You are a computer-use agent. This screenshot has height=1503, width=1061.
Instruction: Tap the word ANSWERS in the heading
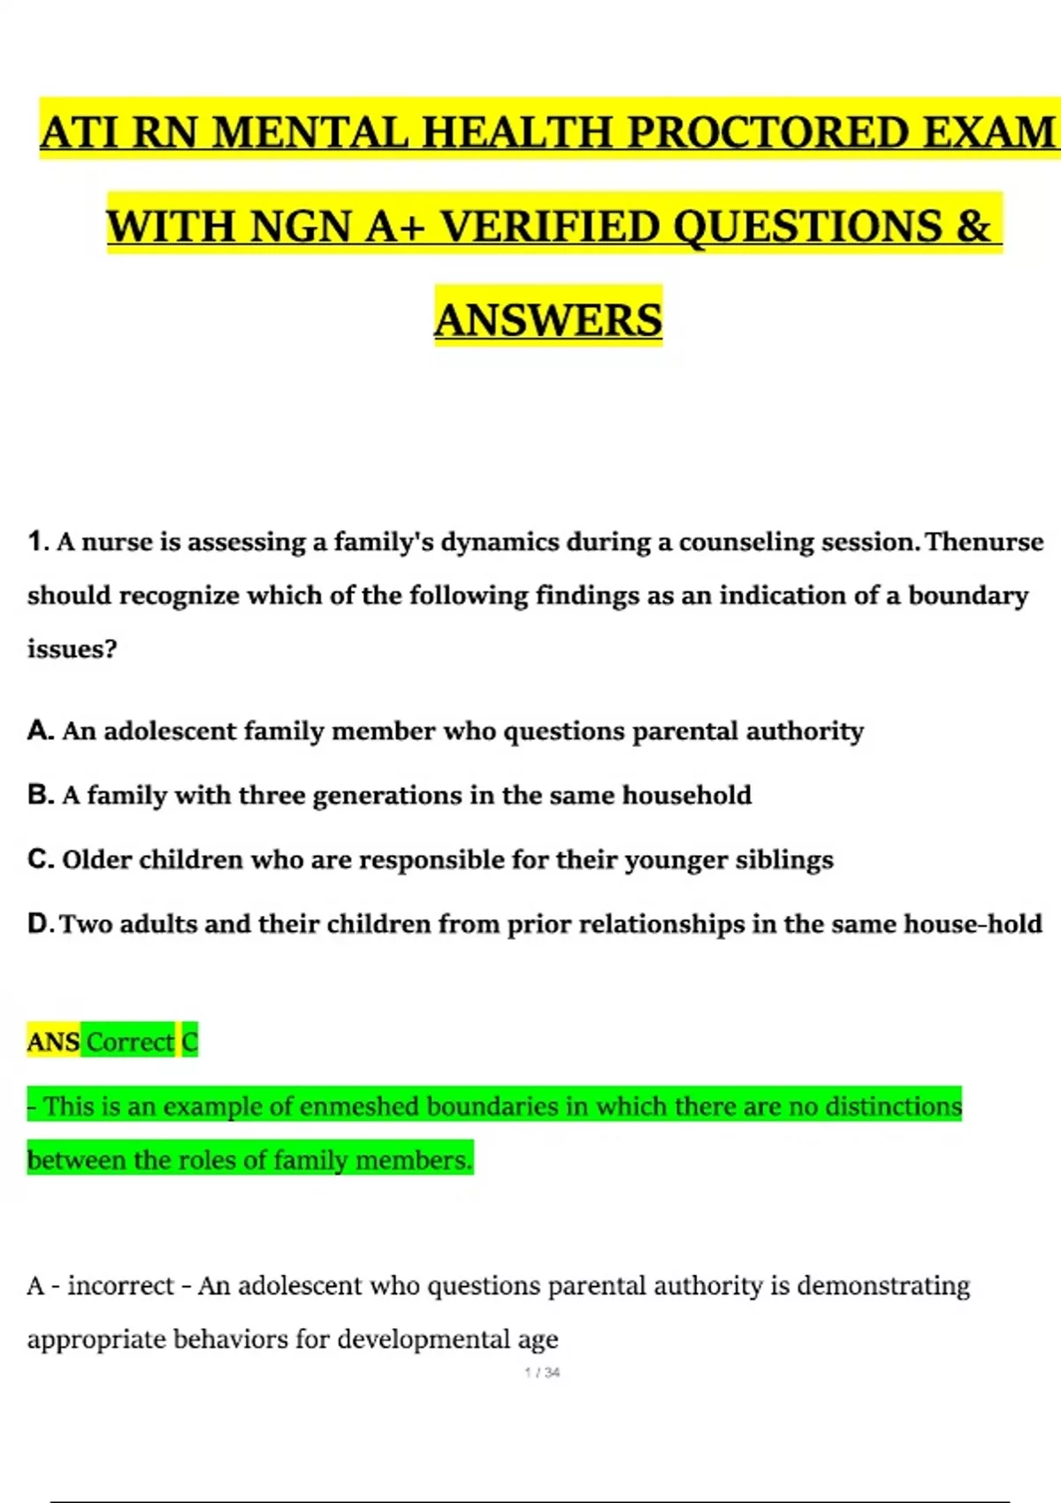point(548,320)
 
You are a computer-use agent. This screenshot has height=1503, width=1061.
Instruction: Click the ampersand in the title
point(973,226)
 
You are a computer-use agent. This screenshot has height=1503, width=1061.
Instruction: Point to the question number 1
point(35,541)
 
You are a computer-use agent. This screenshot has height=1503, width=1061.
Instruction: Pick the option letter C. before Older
point(41,859)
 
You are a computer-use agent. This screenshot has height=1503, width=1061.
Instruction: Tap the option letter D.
point(41,924)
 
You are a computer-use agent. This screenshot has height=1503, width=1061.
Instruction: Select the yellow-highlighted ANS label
point(54,1041)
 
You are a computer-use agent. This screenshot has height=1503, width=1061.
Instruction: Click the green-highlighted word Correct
point(130,1041)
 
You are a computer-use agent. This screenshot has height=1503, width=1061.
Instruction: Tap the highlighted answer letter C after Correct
point(190,1041)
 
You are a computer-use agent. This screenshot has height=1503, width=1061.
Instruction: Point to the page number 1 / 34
point(542,1372)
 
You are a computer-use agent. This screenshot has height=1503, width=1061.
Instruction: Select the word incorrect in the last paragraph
point(120,1286)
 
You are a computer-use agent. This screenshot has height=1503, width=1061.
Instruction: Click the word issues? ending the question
point(72,649)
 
